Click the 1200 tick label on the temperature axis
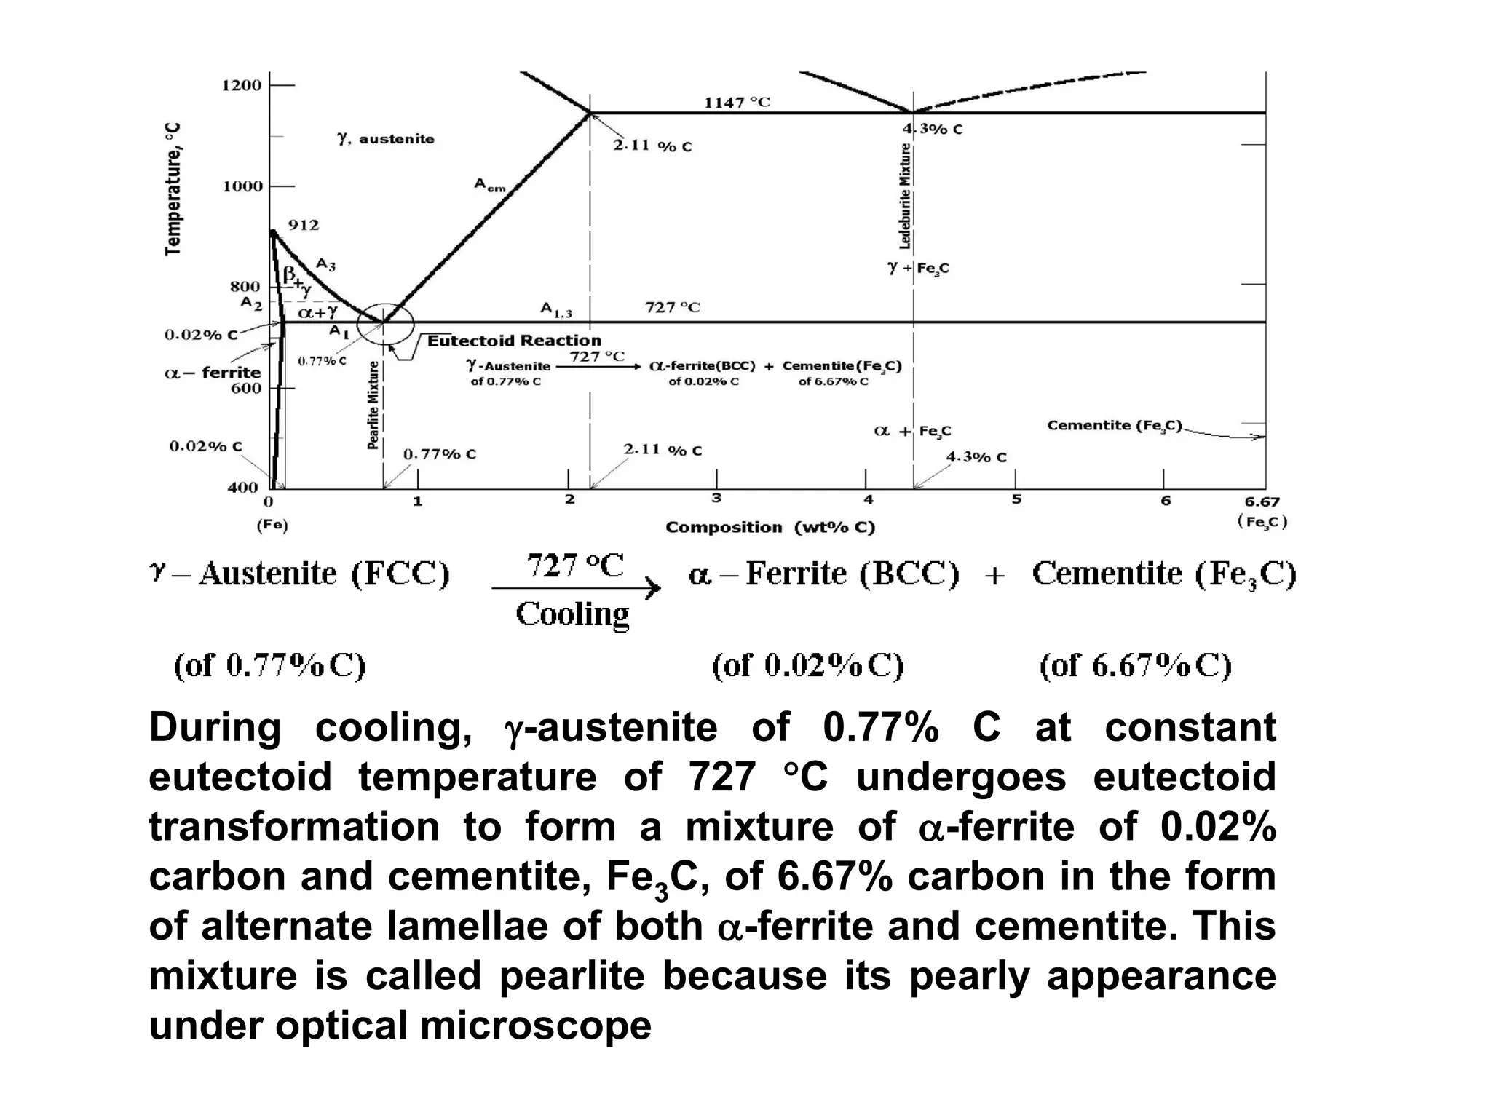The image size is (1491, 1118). (241, 85)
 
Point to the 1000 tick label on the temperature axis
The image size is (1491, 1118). (241, 186)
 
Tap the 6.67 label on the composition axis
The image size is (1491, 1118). (1262, 501)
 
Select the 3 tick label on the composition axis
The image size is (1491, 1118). (716, 499)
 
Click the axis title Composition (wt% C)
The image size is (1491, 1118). (770, 527)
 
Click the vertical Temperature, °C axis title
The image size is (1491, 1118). (173, 189)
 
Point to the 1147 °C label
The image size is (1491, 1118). (736, 103)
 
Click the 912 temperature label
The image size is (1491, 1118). (304, 225)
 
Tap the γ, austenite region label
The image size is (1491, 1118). (386, 138)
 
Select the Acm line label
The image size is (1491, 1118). (489, 185)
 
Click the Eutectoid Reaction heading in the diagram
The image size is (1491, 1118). (514, 341)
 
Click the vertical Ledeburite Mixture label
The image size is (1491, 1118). (905, 196)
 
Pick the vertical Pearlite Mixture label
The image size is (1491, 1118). (373, 405)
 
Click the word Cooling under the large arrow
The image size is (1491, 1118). (572, 614)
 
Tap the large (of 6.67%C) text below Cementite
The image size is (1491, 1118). (1135, 665)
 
